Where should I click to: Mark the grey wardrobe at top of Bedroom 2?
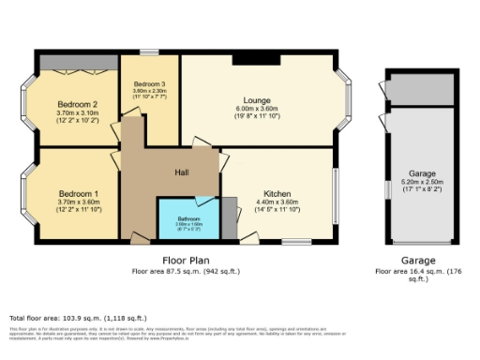point(77,63)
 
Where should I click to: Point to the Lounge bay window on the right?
point(345,100)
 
